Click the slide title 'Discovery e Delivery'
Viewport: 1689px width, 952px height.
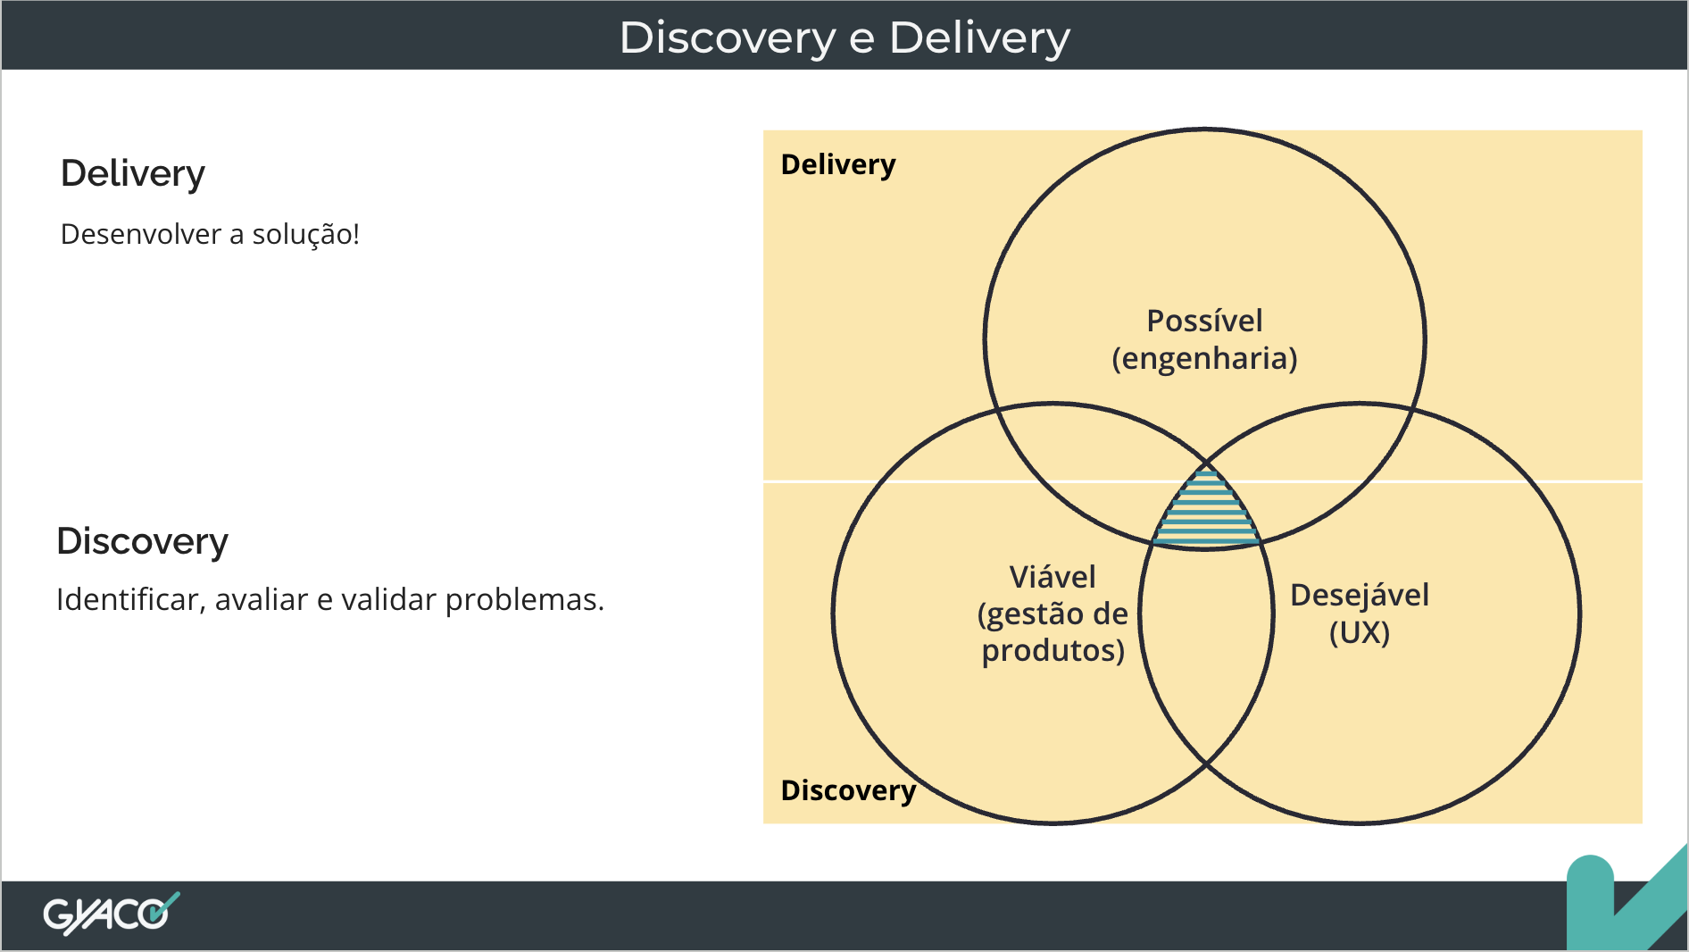[x=844, y=38]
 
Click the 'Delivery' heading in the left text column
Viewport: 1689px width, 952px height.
[x=133, y=173]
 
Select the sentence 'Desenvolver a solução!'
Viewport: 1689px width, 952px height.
[x=210, y=234]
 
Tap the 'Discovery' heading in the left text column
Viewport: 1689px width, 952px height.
[x=143, y=541]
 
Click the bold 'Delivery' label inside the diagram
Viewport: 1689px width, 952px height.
[x=838, y=165]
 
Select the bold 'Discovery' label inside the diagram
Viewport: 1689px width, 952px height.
[x=848, y=790]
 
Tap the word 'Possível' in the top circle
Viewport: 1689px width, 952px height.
[x=1204, y=321]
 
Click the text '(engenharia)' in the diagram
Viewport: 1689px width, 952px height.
[x=1204, y=358]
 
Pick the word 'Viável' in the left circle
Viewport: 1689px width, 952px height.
[x=1053, y=577]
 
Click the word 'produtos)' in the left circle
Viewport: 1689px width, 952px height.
[x=1053, y=650]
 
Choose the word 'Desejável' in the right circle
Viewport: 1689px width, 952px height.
[x=1360, y=596]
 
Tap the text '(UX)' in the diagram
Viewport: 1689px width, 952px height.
[x=1360, y=632]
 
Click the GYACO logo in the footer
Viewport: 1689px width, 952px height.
[x=112, y=913]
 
